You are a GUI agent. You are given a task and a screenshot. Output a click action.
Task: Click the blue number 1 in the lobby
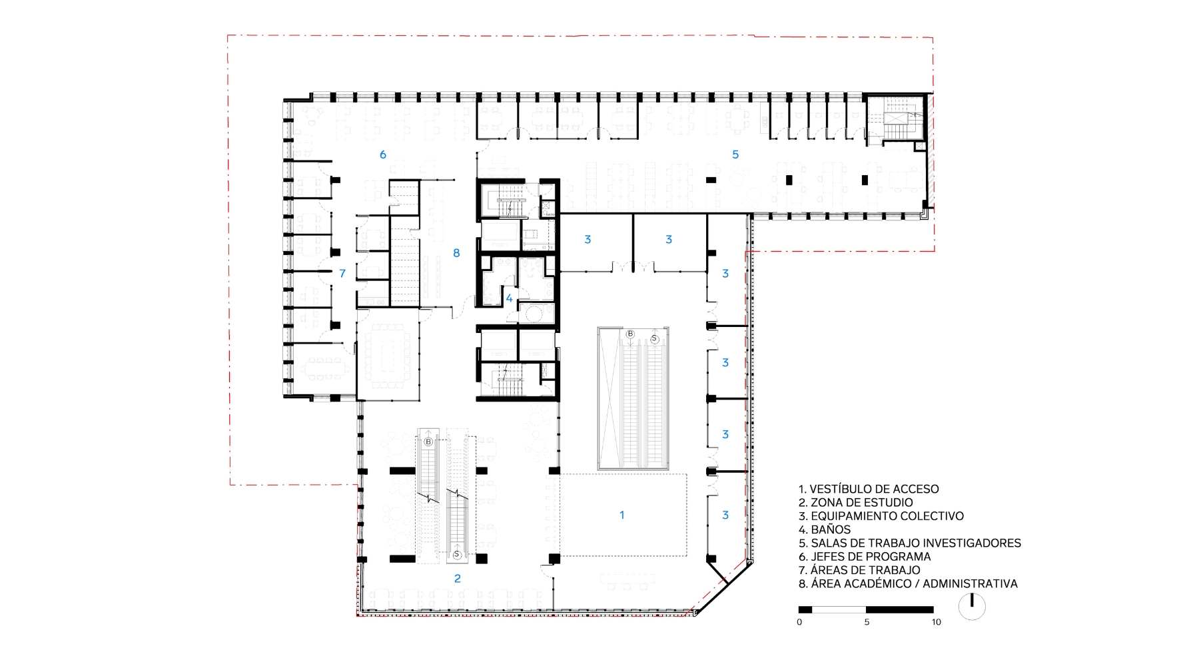tap(622, 515)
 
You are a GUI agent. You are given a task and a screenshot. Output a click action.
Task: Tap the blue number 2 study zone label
tap(458, 579)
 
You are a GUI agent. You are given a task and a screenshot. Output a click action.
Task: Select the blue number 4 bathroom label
tap(510, 298)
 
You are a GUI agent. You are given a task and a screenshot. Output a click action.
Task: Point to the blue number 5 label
tap(735, 155)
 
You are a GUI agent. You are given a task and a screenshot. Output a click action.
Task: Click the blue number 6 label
tap(383, 155)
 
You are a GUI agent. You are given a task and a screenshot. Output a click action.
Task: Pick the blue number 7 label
tap(342, 273)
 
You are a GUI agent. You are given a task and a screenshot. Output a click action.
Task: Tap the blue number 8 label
tap(456, 253)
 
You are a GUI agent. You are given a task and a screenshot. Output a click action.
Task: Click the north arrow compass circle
tap(972, 607)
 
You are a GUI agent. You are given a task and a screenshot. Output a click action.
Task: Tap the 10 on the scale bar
tap(936, 622)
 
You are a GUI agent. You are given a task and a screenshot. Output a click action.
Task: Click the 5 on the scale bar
tap(867, 622)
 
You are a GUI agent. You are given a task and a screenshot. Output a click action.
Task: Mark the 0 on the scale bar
tap(799, 622)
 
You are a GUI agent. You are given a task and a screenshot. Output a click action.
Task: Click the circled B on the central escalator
tap(630, 334)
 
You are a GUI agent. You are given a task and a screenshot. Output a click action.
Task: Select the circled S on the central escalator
tap(654, 339)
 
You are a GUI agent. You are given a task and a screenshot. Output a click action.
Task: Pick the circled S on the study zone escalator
tap(457, 555)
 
